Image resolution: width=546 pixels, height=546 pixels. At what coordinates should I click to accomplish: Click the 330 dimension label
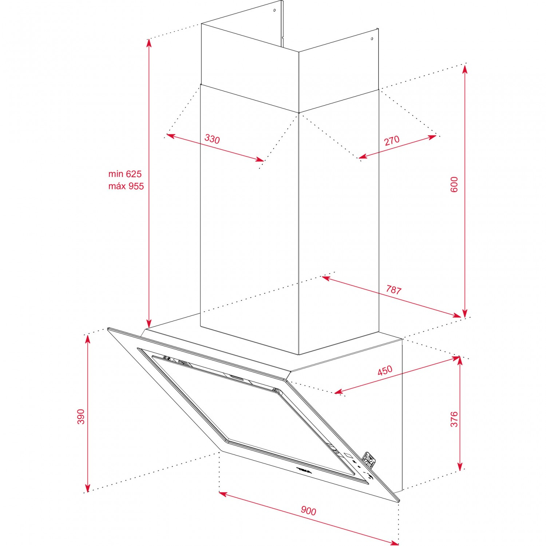click(x=212, y=139)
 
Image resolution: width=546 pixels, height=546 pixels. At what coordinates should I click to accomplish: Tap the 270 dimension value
click(x=392, y=141)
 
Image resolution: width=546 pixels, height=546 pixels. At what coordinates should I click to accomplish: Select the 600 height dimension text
click(x=454, y=185)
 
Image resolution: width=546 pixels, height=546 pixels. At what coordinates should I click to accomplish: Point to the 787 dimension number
click(x=393, y=290)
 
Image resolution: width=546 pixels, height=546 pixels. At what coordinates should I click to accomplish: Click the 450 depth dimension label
click(x=385, y=371)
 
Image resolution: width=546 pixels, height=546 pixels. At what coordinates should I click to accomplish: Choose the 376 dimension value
click(x=454, y=419)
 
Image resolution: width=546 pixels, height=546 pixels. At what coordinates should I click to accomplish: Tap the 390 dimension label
click(x=81, y=417)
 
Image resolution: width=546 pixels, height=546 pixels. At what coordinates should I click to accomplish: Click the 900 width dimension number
click(x=308, y=511)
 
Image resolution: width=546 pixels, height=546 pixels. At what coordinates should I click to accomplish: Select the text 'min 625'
click(x=125, y=174)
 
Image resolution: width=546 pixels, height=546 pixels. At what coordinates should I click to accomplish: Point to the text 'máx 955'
click(x=126, y=186)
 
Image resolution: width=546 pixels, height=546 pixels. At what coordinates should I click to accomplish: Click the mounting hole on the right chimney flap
click(x=372, y=39)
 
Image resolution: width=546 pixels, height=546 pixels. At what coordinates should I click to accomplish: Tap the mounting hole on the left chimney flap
click(x=274, y=11)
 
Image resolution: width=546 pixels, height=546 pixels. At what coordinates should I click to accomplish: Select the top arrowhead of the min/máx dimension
click(x=149, y=43)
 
